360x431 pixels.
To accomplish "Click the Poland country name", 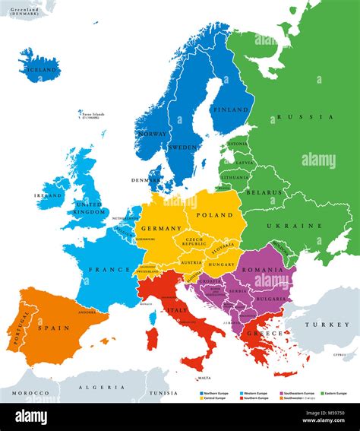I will (215, 215).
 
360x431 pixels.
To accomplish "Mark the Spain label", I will (54, 328).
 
